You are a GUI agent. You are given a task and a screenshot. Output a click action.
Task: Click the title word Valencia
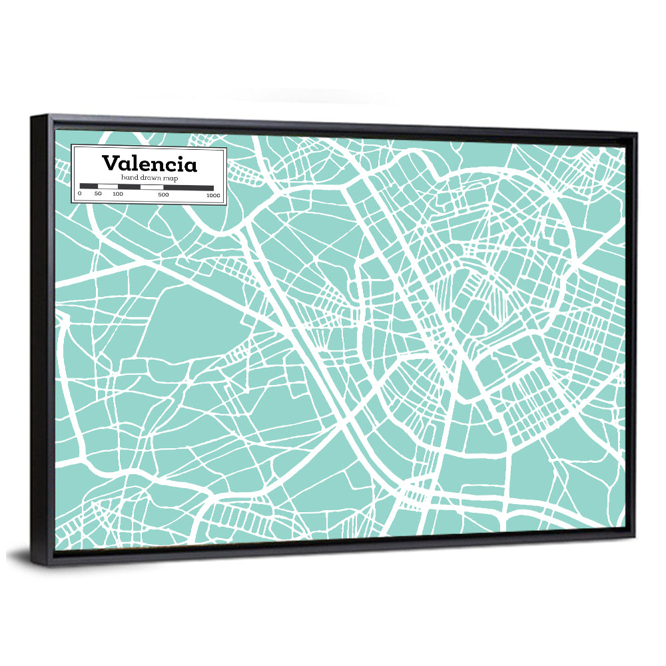(149, 164)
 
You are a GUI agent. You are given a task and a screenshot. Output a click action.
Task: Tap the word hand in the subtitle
(130, 178)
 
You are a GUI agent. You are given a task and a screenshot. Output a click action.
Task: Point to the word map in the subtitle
(175, 178)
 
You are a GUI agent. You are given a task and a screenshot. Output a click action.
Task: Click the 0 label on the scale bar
(79, 194)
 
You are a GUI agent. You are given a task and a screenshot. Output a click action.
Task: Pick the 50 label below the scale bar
(98, 194)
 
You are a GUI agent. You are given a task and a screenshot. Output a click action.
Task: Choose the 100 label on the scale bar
(118, 194)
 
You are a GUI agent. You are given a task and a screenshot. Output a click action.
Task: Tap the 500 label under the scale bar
(163, 194)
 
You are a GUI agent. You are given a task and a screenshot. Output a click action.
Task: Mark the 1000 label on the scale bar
(213, 195)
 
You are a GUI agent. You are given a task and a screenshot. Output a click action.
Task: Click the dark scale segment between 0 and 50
(89, 186)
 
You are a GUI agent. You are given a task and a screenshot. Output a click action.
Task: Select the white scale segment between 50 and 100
(108, 186)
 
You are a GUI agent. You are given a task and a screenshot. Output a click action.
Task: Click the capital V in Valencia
(110, 163)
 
